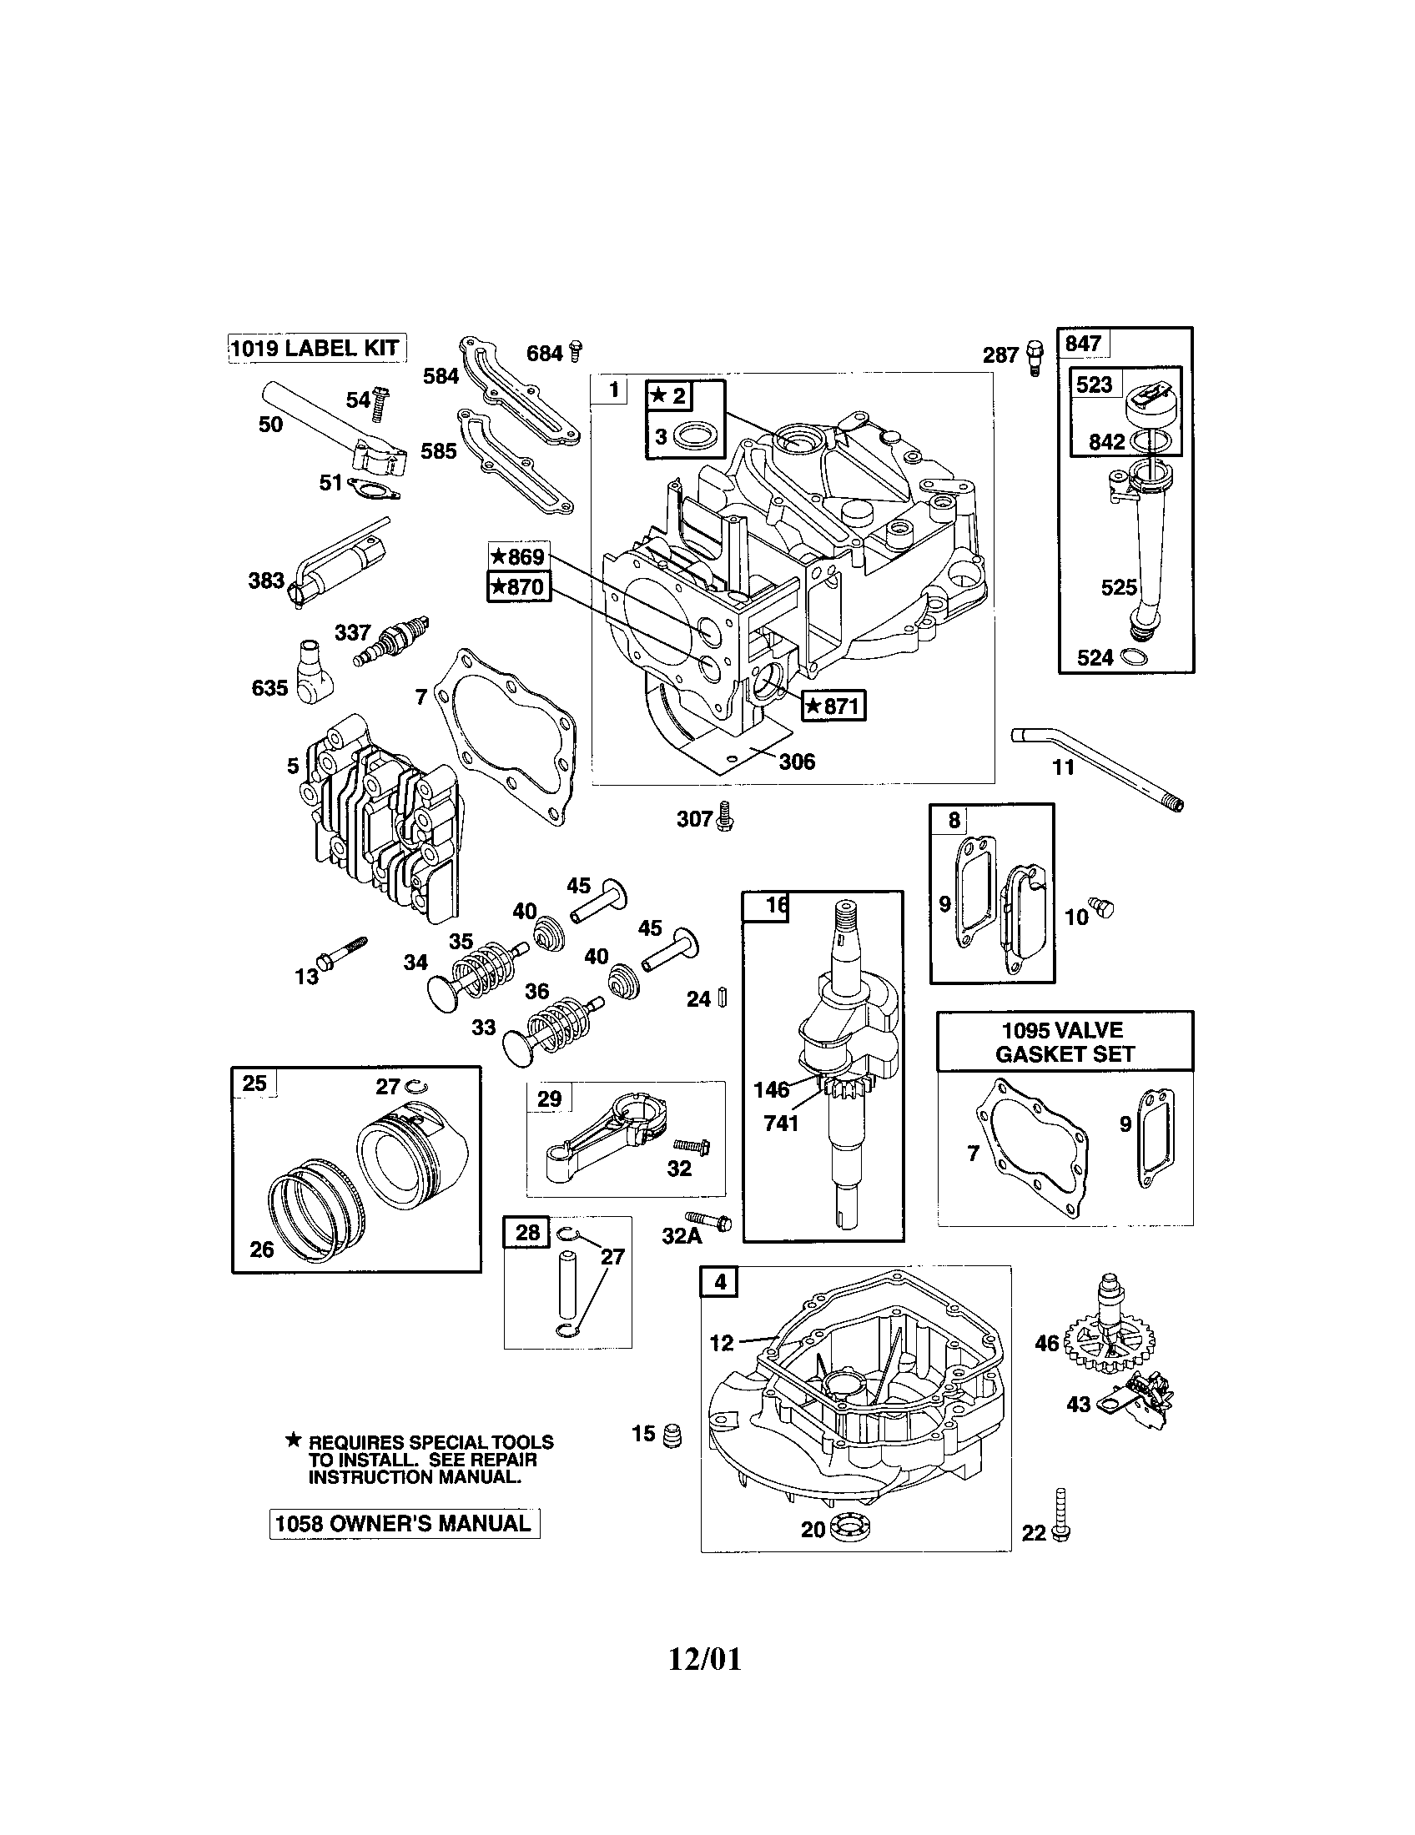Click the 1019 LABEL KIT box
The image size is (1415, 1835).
click(317, 348)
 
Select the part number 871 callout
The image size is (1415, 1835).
click(833, 706)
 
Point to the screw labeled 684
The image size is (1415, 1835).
click(576, 351)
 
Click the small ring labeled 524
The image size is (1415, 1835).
click(1134, 657)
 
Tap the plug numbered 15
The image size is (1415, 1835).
click(672, 1436)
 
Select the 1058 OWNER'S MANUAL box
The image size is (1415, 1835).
click(404, 1523)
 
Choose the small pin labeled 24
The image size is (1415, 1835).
click(723, 998)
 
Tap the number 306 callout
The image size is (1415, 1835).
click(796, 762)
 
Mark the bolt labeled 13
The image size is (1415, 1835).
click(340, 953)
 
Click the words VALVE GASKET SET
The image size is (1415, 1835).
click(1065, 1042)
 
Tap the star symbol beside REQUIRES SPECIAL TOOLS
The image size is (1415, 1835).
click(293, 1441)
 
